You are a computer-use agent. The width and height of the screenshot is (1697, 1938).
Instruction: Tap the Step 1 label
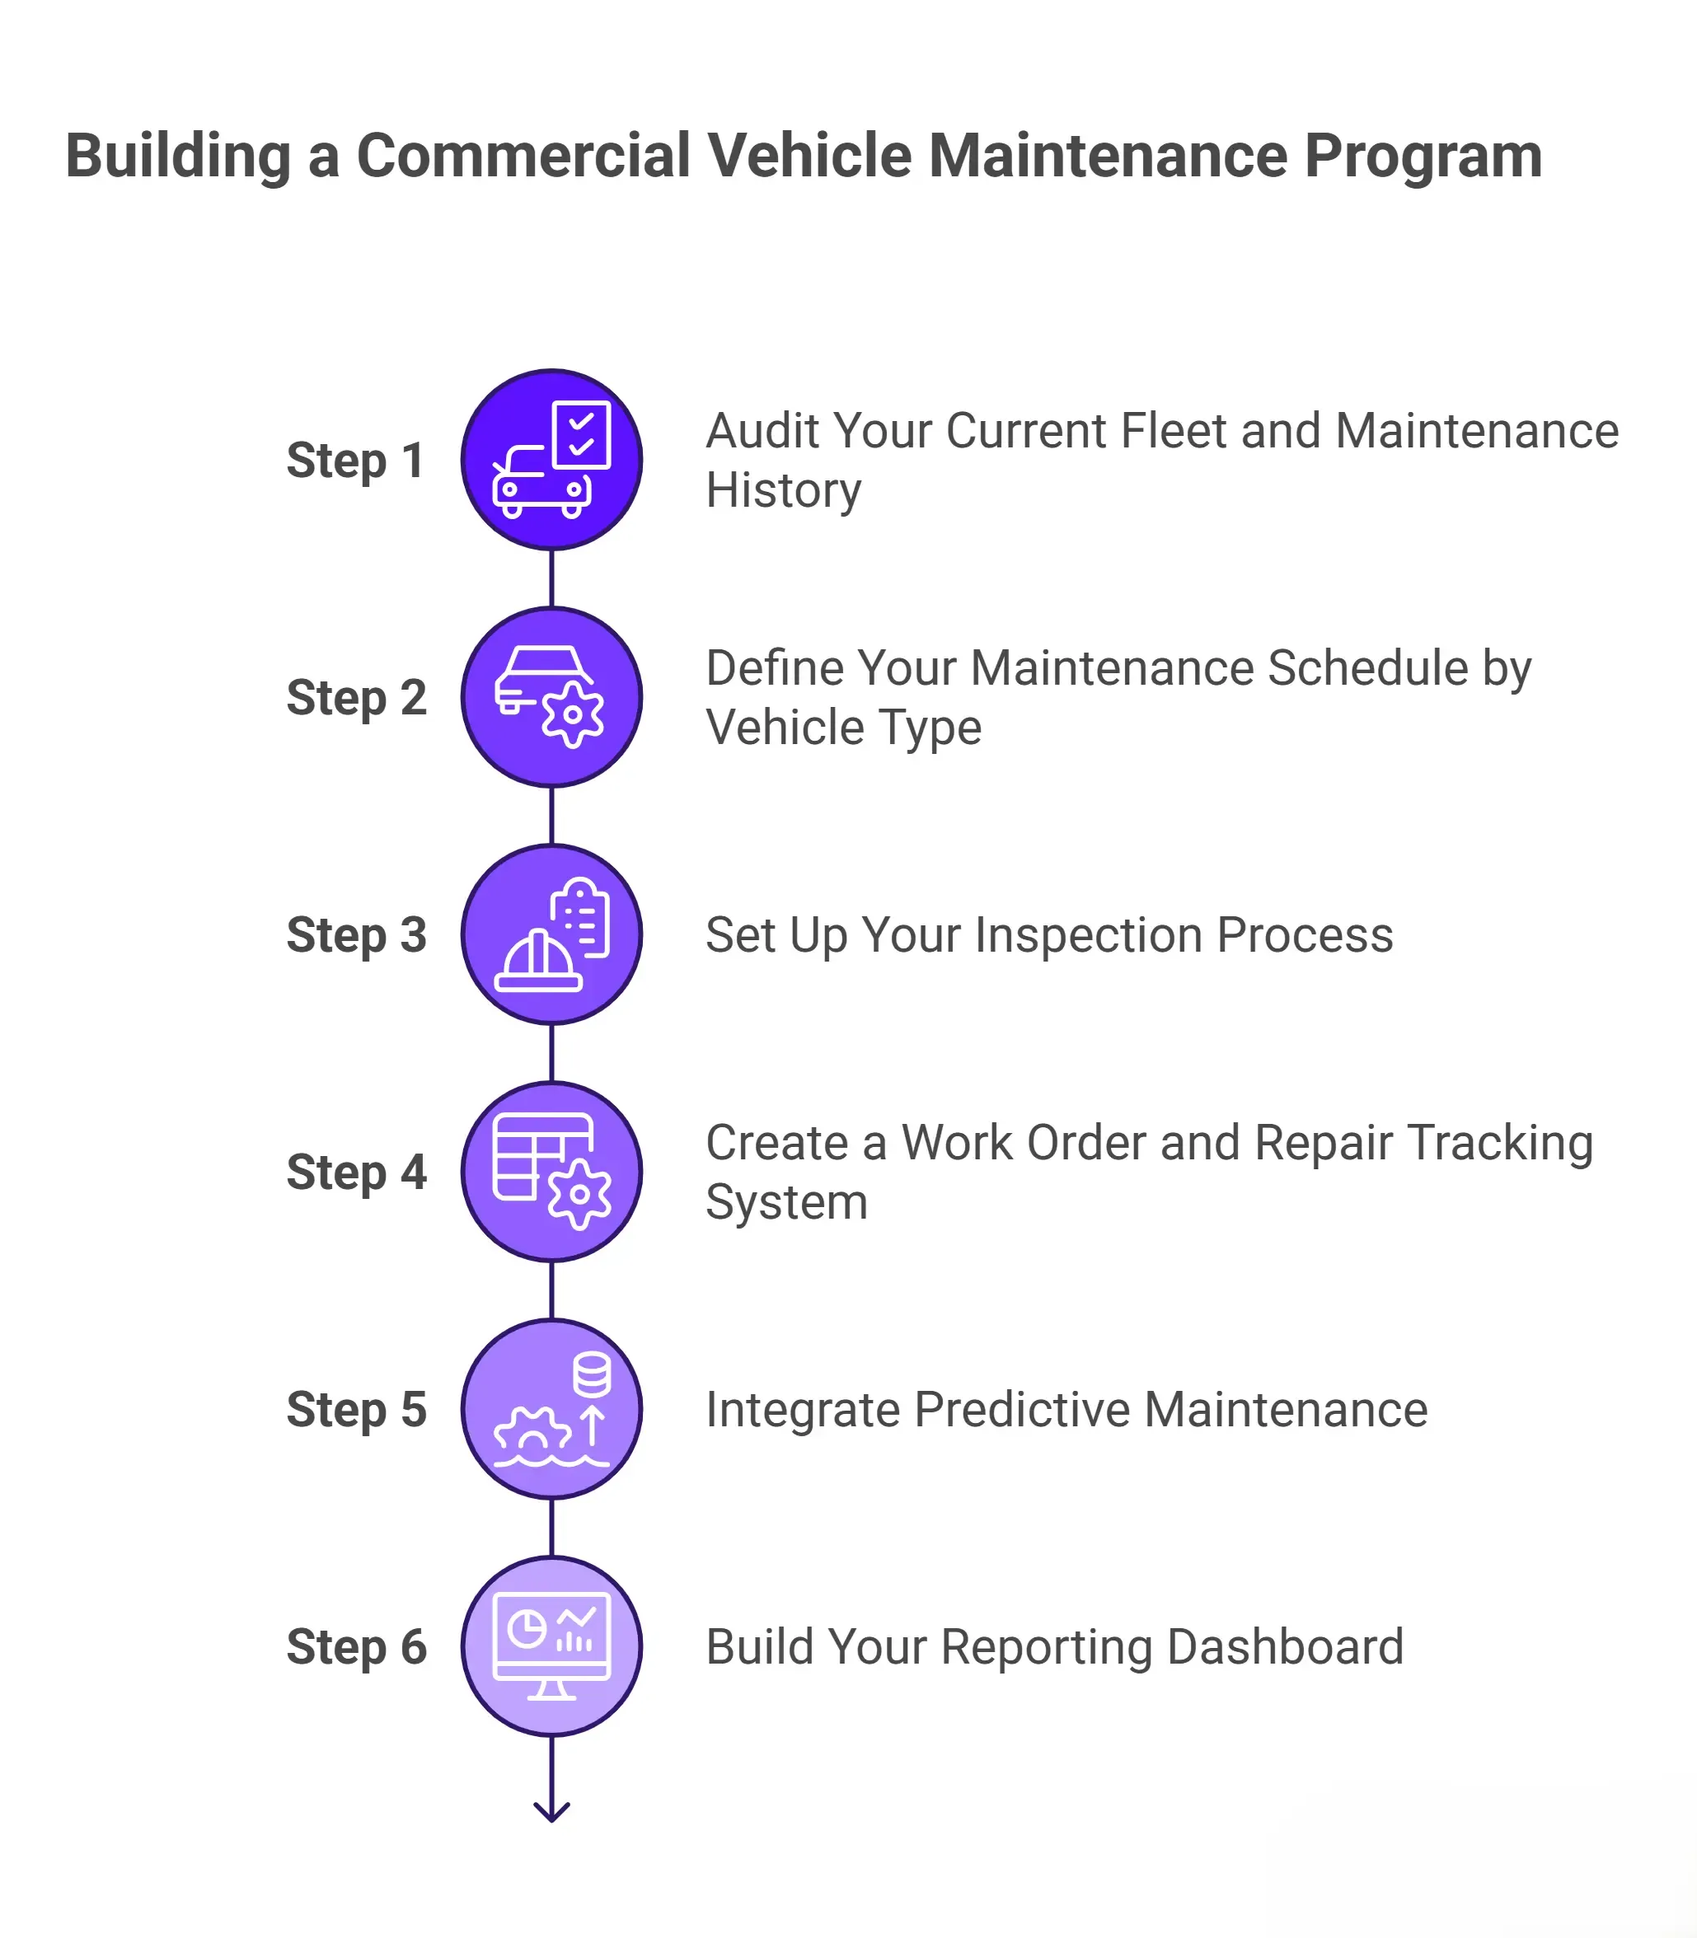pyautogui.click(x=355, y=461)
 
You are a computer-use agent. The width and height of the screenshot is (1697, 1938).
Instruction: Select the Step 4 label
pyautogui.click(x=356, y=1172)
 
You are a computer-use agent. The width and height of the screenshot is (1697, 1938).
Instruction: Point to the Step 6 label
pyautogui.click(x=356, y=1646)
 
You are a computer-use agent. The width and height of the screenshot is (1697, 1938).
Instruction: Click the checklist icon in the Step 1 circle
pyautogui.click(x=581, y=433)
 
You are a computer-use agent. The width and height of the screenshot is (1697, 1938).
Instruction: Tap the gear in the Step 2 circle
pyautogui.click(x=573, y=714)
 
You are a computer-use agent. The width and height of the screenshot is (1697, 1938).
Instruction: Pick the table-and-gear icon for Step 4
pyautogui.click(x=552, y=1171)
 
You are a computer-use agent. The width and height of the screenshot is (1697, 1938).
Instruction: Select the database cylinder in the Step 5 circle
pyautogui.click(x=592, y=1374)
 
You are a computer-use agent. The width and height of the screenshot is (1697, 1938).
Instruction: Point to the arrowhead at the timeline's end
pyautogui.click(x=552, y=1811)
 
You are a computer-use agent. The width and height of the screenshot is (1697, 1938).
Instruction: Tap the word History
pyautogui.click(x=783, y=490)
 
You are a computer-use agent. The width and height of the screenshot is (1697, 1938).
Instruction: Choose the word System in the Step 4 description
pyautogui.click(x=786, y=1202)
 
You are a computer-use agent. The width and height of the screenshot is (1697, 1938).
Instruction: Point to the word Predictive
pyautogui.click(x=1023, y=1410)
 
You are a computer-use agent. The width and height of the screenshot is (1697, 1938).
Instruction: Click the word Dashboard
pyautogui.click(x=1285, y=1647)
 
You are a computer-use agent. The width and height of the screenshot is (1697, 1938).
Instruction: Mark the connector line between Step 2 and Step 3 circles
pyautogui.click(x=552, y=815)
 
